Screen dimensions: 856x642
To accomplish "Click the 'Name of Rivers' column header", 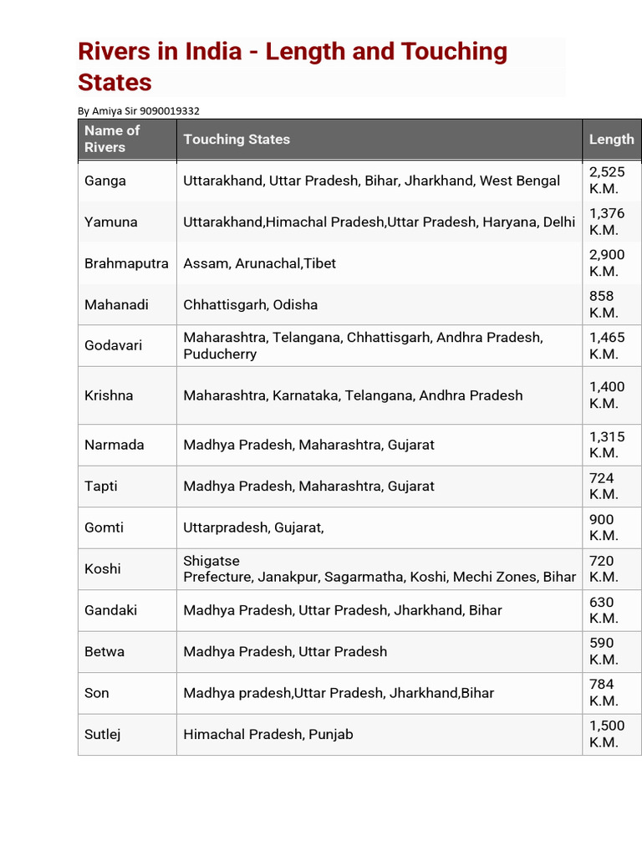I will coord(112,139).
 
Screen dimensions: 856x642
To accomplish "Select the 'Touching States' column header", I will coord(237,140).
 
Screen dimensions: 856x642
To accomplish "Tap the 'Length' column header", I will coord(611,140).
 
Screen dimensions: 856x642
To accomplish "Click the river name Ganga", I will coord(105,181).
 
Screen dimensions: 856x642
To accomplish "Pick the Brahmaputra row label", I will coord(126,263).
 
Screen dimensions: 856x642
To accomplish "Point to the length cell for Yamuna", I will coord(607,222).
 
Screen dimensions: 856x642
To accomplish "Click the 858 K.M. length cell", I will coord(604,304).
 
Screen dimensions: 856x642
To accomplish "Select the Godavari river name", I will coord(112,345).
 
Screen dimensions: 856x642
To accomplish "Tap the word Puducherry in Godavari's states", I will coord(220,354).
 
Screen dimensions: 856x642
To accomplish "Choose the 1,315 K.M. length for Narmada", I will coord(607,445).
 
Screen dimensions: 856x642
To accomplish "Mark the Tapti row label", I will coord(103,486).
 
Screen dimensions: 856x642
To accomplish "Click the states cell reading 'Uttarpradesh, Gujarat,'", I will coord(253,527).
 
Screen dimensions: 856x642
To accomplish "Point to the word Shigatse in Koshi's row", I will coord(211,561).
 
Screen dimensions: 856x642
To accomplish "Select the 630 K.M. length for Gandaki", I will coord(604,610).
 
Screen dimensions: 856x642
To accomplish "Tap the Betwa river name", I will coord(104,651).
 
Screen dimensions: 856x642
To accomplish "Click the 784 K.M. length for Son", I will coord(604,692).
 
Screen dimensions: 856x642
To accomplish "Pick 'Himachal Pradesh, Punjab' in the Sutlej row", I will coord(268,734).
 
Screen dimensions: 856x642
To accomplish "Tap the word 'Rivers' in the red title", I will coord(116,52).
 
